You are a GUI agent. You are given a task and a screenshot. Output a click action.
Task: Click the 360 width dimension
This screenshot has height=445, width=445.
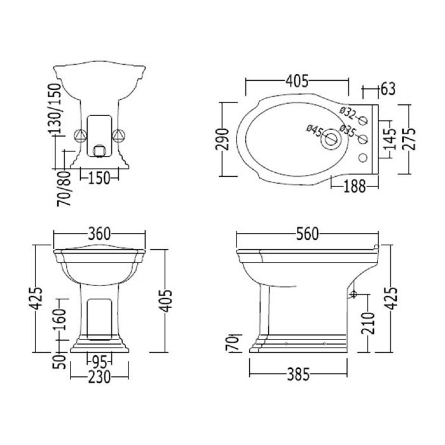point(100,234)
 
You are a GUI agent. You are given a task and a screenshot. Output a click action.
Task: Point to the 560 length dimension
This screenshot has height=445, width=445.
point(307,234)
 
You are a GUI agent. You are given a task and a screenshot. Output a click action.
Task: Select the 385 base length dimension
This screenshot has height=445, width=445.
point(298,374)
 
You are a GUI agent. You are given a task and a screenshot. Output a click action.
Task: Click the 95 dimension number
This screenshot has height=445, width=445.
point(100,363)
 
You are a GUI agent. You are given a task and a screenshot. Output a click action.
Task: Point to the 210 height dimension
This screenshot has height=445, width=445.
point(368,323)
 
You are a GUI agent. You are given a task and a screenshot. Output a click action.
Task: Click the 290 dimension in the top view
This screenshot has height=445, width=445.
point(222,139)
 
